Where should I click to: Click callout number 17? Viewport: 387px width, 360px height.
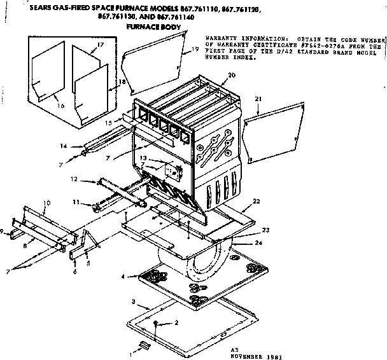101,46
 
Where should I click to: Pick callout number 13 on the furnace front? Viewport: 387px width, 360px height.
144,158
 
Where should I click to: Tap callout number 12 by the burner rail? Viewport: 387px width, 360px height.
74,180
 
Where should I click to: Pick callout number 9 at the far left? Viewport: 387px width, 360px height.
3,230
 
